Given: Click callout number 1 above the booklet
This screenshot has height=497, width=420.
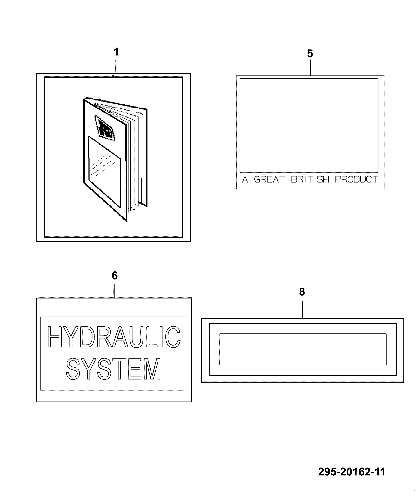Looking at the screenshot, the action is (x=116, y=52).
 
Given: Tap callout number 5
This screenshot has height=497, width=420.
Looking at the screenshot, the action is (x=310, y=54).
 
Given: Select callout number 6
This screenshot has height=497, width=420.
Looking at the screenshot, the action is (x=114, y=276).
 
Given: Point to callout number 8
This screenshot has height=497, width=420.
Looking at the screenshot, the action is (x=302, y=292).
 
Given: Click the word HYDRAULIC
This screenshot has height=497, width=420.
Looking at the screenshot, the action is (x=114, y=337).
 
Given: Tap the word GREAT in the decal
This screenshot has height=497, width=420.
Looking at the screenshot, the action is (x=269, y=179).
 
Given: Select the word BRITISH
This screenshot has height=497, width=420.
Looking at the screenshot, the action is (x=310, y=179).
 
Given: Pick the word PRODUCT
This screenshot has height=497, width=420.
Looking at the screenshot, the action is (x=356, y=179).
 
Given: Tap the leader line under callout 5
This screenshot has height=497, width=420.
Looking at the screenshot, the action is (x=310, y=68).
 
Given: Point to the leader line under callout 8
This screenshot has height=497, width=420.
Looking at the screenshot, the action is (x=302, y=310).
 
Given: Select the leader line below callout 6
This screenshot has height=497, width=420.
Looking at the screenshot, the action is (x=114, y=290).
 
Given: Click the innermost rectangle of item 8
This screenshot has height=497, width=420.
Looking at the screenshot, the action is (x=303, y=334).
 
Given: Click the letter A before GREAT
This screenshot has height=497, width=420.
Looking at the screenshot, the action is (x=245, y=179).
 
